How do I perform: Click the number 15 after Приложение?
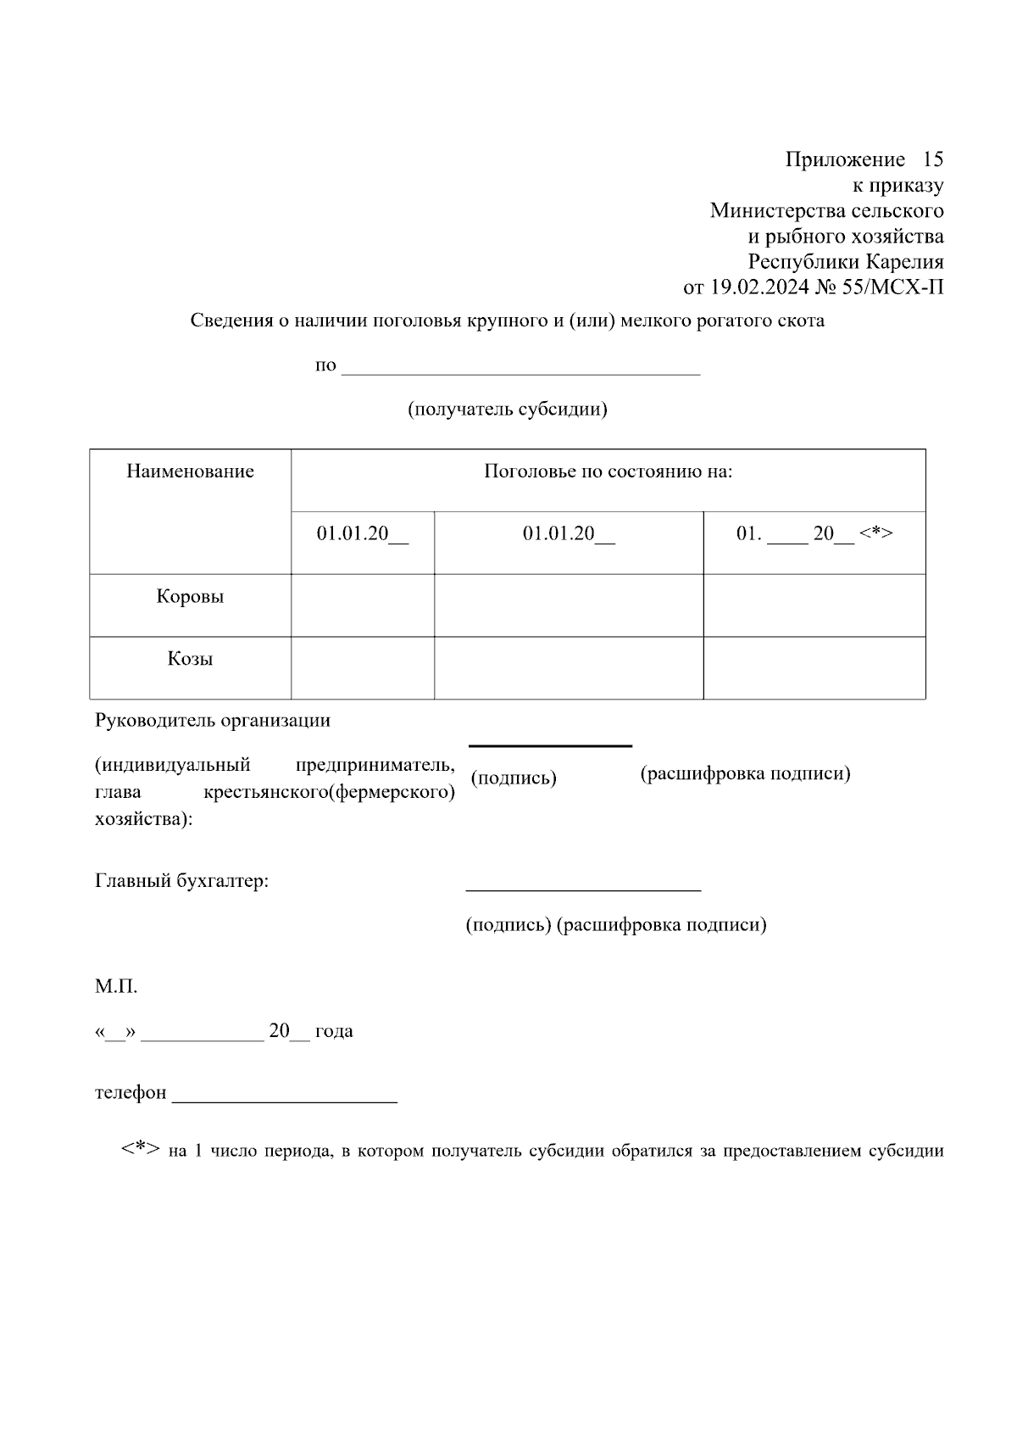pos(932,159)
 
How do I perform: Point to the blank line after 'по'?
pos(520,371)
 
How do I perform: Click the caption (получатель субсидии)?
pos(508,410)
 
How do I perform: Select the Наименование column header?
pos(190,471)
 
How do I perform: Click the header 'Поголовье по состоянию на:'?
pos(608,471)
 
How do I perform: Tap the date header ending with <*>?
pos(814,533)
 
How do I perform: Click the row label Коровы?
pos(190,596)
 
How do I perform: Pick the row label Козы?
pos(190,659)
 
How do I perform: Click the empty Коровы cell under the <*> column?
pos(814,605)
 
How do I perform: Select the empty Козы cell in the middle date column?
pos(569,668)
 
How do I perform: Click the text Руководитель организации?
pos(213,721)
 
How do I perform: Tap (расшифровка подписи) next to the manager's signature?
pos(745,773)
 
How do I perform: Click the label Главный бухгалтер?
pos(181,881)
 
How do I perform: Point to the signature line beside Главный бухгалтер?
pos(583,890)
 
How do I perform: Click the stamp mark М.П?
pos(116,987)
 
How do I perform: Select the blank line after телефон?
pos(285,1101)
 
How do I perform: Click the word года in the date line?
pos(334,1032)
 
